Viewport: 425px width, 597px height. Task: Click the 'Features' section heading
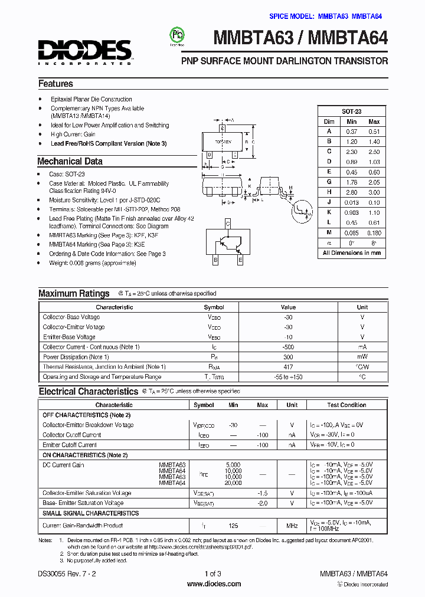55,84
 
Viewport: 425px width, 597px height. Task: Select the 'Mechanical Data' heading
70,161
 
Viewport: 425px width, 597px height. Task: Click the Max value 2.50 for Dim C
374,152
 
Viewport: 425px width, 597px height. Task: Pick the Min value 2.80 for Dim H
351,192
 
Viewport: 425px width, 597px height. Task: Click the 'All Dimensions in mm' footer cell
352,252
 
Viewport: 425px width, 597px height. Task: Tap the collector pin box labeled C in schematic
227,224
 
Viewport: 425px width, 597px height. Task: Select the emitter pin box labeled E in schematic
240,260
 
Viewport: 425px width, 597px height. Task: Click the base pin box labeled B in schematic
215,260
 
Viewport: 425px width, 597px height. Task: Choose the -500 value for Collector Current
288,347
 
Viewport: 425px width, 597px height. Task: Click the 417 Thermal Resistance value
288,367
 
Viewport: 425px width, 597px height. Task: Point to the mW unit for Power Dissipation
362,357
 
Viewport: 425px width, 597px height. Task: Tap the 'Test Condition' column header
346,405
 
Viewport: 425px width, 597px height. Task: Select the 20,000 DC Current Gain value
233,483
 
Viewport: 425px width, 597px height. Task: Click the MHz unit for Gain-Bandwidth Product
292,525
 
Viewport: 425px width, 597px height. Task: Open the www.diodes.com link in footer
213,584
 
